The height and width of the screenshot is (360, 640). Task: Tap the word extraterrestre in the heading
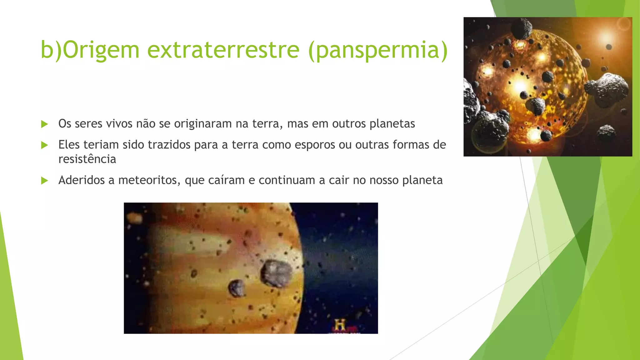[x=223, y=50]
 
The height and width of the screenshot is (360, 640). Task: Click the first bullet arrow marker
[x=45, y=124]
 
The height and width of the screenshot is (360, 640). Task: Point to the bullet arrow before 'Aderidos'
[x=45, y=181]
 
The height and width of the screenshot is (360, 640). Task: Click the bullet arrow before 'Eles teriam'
[x=45, y=145]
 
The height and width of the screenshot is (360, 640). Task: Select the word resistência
[x=87, y=159]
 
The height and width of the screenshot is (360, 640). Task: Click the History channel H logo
[x=340, y=325]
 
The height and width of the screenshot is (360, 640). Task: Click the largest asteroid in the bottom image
[x=276, y=273]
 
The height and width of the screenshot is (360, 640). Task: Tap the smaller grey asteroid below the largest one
[x=237, y=288]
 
